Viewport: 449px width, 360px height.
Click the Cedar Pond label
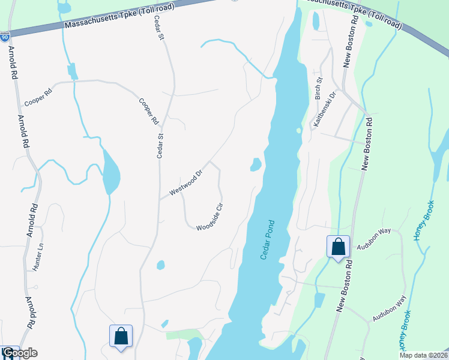point(267,239)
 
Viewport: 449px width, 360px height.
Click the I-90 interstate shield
point(4,37)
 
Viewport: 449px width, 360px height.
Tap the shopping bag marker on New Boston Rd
point(338,247)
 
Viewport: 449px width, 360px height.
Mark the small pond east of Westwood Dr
point(256,164)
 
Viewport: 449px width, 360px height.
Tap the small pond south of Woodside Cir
point(160,265)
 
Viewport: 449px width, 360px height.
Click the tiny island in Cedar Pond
point(298,130)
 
